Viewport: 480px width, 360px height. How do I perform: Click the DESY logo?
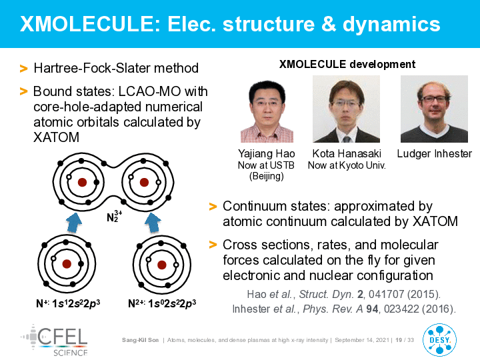click(439, 340)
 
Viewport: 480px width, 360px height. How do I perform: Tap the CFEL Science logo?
click(55, 341)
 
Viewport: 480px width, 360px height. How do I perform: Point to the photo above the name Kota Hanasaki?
click(346, 109)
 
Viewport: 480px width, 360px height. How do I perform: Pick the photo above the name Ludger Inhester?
click(434, 109)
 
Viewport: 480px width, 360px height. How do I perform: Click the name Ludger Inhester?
click(435, 154)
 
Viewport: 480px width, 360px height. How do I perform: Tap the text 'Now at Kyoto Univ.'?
click(347, 165)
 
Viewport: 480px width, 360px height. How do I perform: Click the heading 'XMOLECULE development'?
click(347, 64)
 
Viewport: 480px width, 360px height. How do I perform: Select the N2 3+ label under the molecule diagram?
click(114, 216)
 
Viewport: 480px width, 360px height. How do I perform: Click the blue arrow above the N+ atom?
click(74, 223)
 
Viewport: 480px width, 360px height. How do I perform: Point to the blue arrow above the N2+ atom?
click(153, 223)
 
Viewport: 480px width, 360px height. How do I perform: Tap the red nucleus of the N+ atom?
click(67, 264)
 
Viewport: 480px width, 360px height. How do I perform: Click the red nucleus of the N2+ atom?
click(161, 265)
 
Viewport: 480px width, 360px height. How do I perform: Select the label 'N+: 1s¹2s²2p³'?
click(68, 303)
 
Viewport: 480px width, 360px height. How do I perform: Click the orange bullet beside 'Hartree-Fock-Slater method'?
click(23, 68)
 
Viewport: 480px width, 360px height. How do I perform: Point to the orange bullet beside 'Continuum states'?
click(213, 207)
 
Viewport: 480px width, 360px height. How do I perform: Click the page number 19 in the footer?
click(399, 340)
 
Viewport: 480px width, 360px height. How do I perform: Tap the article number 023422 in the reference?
click(401, 309)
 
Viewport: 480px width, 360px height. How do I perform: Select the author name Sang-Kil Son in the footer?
click(140, 340)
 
